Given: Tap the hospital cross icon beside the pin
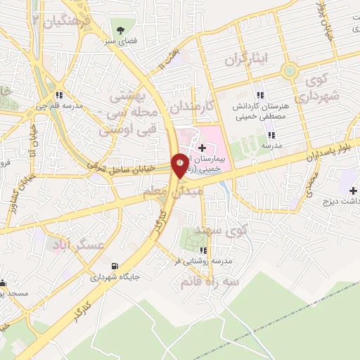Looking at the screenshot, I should (x=202, y=148).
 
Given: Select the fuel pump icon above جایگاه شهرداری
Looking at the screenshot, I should (x=115, y=266).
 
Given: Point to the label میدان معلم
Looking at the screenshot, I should (x=181, y=191).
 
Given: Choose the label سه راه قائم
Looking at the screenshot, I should (x=210, y=281).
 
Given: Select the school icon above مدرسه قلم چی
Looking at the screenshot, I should (x=60, y=95).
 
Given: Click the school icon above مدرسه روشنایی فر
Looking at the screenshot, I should (x=203, y=250).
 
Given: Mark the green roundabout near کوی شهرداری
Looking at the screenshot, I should (x=288, y=70).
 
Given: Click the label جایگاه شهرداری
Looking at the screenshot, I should (x=115, y=278).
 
